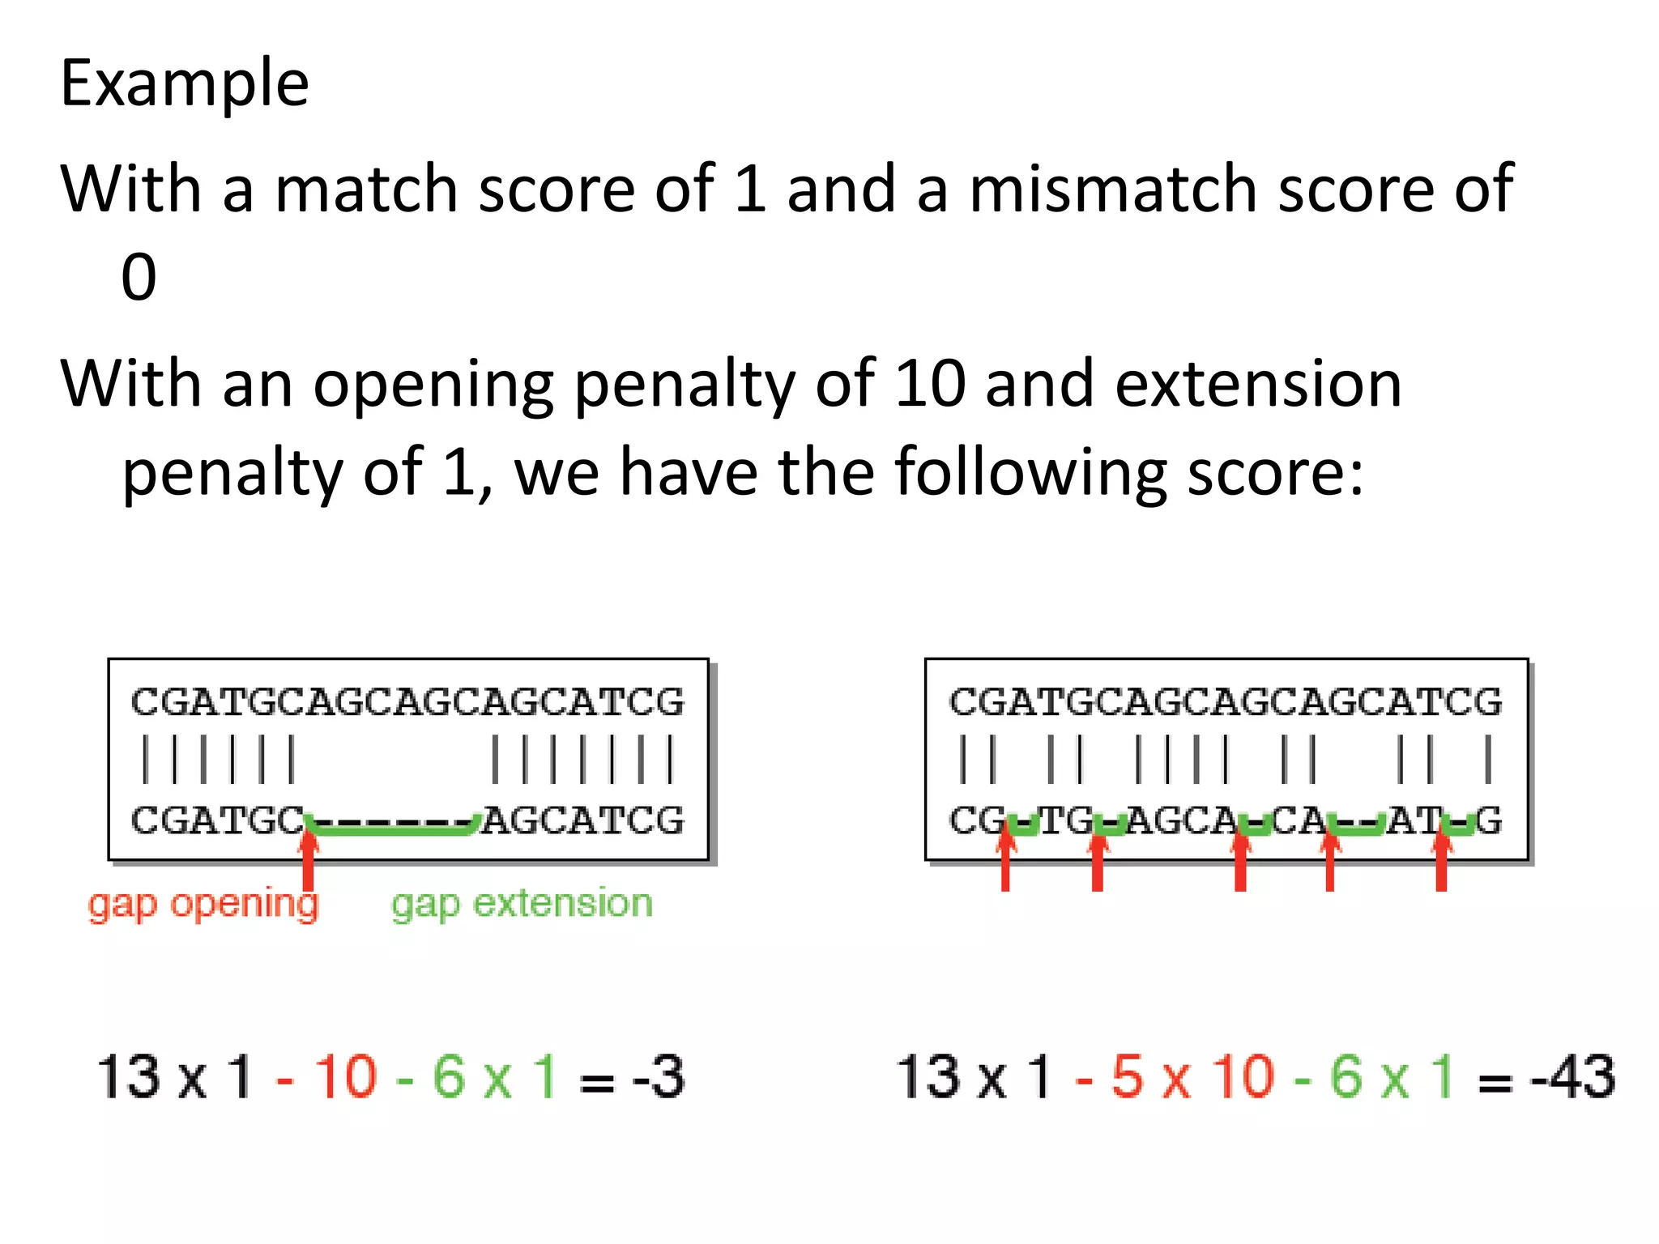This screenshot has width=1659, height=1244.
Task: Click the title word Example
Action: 185,83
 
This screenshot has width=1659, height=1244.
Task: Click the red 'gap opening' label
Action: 203,904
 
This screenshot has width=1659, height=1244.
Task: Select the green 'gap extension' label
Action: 522,904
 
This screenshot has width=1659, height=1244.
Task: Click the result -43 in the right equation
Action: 1572,1078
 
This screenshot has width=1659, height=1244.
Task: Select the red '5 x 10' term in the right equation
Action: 1192,1078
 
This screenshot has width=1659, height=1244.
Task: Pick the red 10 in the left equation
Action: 346,1078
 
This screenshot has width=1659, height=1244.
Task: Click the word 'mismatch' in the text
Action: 1113,189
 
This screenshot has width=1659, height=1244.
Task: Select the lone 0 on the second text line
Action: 139,277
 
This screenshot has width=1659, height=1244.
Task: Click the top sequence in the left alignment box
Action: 407,702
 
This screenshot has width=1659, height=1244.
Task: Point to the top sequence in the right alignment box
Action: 1226,702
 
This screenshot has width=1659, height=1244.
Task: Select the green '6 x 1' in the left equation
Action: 494,1078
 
